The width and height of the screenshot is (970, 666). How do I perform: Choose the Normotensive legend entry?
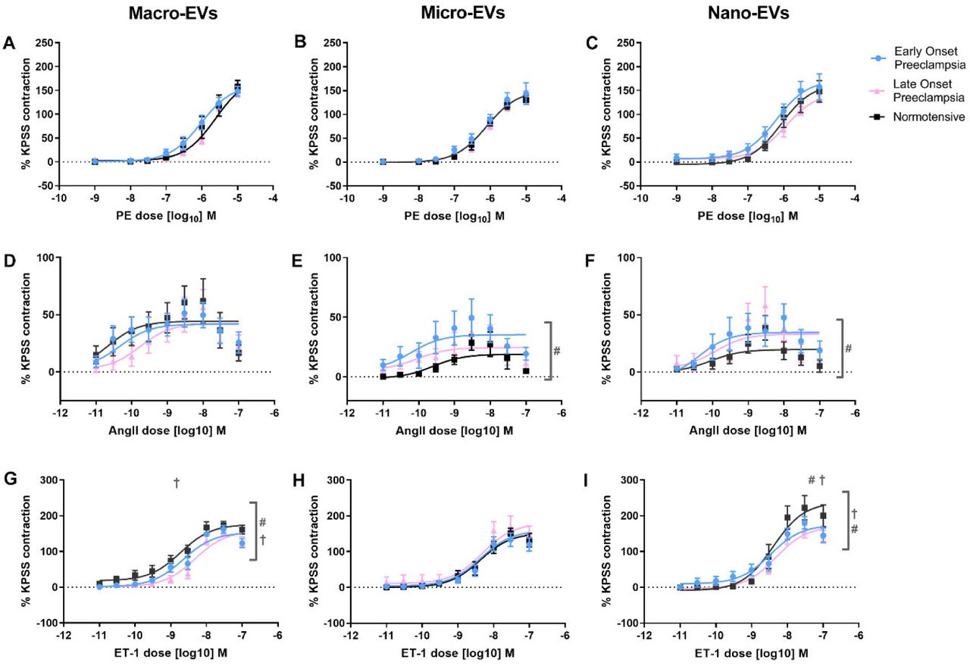[x=917, y=117]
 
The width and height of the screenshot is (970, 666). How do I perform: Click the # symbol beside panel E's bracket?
[x=557, y=351]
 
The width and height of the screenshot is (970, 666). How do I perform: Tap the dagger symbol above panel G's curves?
[x=177, y=482]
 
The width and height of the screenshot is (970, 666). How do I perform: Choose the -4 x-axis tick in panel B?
[x=562, y=201]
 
